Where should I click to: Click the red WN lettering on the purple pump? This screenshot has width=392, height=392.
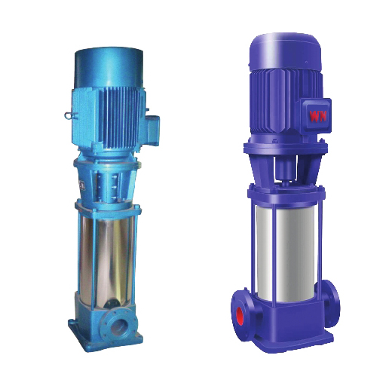[318, 116]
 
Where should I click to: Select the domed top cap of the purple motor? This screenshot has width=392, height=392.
[286, 52]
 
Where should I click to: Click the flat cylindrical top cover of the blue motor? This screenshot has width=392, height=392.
[109, 67]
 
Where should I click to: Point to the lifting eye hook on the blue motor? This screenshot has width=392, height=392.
[69, 115]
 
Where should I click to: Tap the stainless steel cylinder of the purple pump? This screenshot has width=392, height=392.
[285, 251]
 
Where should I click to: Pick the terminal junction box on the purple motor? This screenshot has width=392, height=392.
[316, 116]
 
